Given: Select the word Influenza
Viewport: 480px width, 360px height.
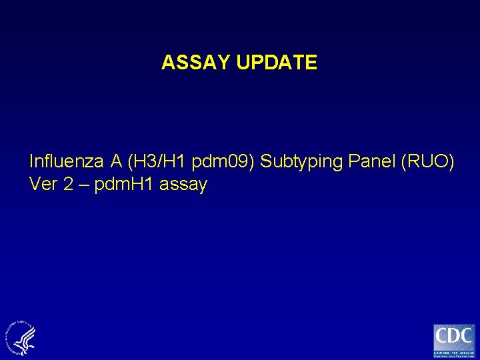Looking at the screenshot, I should pyautogui.click(x=66, y=161).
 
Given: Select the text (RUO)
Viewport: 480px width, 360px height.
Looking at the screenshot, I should pyautogui.click(x=428, y=161).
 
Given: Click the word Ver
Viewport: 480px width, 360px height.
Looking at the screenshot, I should pyautogui.click(x=44, y=185).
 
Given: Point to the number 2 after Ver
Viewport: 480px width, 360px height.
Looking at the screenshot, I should pyautogui.click(x=69, y=185).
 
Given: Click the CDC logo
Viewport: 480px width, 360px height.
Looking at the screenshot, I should pyautogui.click(x=454, y=340).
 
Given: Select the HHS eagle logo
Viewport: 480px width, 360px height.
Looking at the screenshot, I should pyautogui.click(x=21, y=337).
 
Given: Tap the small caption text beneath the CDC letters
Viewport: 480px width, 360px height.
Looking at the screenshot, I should pyautogui.click(x=454, y=353).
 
